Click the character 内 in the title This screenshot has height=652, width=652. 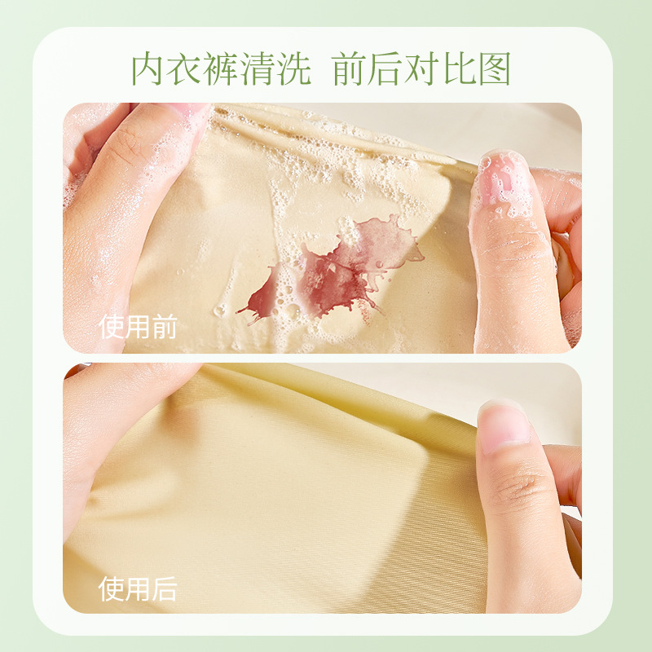(x=150, y=69)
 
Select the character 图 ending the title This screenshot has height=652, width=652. (x=493, y=69)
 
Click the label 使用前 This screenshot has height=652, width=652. (x=138, y=327)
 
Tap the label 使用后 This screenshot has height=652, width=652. (x=138, y=588)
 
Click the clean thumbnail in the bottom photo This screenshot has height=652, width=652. (x=504, y=428)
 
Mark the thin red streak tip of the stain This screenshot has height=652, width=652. (x=242, y=311)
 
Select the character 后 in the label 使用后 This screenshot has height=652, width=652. (x=164, y=588)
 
